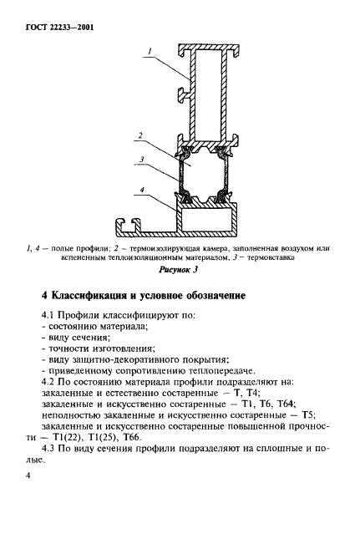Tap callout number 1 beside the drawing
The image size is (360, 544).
pos(146,52)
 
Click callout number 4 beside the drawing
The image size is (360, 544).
pos(143,191)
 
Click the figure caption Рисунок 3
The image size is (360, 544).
pos(180,270)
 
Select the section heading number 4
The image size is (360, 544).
pos(46,295)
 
